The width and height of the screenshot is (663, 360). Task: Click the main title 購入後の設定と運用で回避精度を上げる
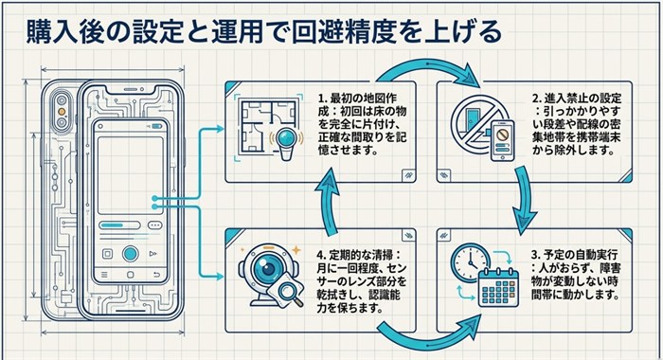264,31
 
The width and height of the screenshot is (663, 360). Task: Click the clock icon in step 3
470,263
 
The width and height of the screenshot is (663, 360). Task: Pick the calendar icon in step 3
498,288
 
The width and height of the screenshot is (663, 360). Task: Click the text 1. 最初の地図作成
358,105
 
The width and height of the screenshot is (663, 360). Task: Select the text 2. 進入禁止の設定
577,99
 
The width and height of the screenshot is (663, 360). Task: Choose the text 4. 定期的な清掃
358,255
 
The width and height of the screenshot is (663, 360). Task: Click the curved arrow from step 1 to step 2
428,65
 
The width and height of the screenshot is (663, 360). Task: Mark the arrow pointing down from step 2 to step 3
524,199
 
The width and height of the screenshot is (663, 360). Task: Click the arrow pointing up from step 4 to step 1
328,200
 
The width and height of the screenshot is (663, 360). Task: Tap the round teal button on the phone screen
131,254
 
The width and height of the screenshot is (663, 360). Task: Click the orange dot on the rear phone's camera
63,112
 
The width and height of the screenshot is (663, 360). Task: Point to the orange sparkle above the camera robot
296,250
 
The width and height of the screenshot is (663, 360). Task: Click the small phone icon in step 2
502,140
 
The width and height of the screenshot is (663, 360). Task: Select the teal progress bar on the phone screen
112,225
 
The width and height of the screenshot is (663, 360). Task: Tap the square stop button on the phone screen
107,254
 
